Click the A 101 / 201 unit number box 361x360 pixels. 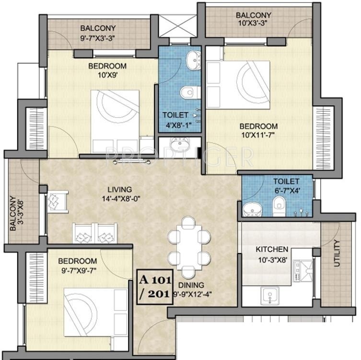(x=154, y=286)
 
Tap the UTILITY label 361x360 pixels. (x=336, y=253)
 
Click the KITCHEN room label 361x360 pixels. (x=272, y=249)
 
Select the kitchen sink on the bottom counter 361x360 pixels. (x=270, y=295)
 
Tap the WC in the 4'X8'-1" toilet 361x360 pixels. (x=188, y=92)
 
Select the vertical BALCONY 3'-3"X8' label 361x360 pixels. (x=16, y=213)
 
